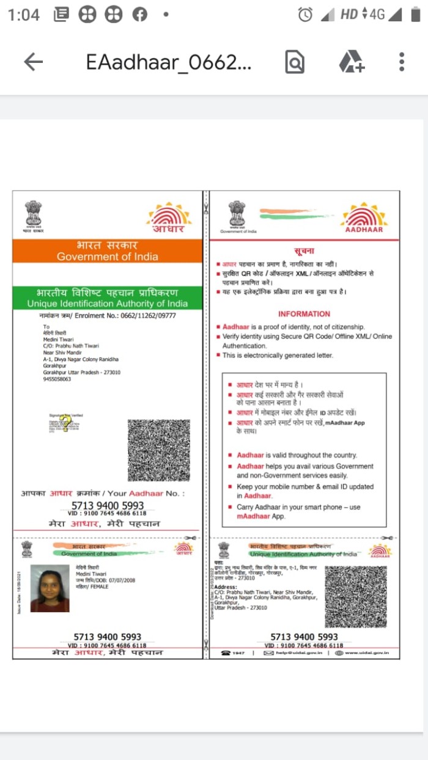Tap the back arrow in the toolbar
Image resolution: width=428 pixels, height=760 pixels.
click(x=34, y=62)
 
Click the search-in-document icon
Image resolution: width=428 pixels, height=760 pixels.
click(x=295, y=62)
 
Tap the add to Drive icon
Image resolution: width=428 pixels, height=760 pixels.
click(x=352, y=62)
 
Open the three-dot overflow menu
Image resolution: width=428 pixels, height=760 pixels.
click(x=402, y=62)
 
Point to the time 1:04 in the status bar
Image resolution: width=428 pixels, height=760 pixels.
click(x=24, y=15)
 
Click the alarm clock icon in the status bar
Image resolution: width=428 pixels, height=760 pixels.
click(x=305, y=15)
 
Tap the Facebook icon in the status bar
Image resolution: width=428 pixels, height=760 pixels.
click(x=140, y=15)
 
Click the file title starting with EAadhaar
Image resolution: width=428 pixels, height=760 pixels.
click(x=168, y=62)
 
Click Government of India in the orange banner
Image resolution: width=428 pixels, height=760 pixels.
click(x=107, y=257)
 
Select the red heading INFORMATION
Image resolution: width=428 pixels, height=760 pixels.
click(x=304, y=314)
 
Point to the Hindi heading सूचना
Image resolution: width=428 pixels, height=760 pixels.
click(x=304, y=250)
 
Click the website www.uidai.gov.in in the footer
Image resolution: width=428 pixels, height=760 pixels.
click(x=367, y=654)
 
